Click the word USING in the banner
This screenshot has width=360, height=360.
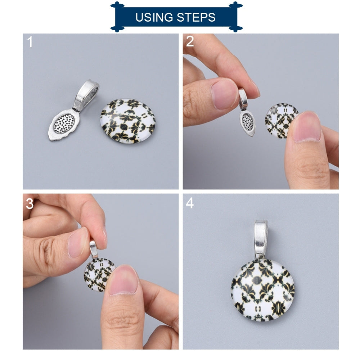[x=153, y=17]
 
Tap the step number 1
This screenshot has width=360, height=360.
[x=30, y=42]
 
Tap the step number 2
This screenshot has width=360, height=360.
[x=190, y=42]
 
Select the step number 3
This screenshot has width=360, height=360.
[x=30, y=204]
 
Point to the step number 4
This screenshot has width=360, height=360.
[x=190, y=203]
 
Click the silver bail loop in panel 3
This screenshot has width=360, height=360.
[x=94, y=248]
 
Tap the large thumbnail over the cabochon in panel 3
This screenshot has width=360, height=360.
[x=124, y=280]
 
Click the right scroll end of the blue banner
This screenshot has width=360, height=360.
[x=236, y=17]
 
